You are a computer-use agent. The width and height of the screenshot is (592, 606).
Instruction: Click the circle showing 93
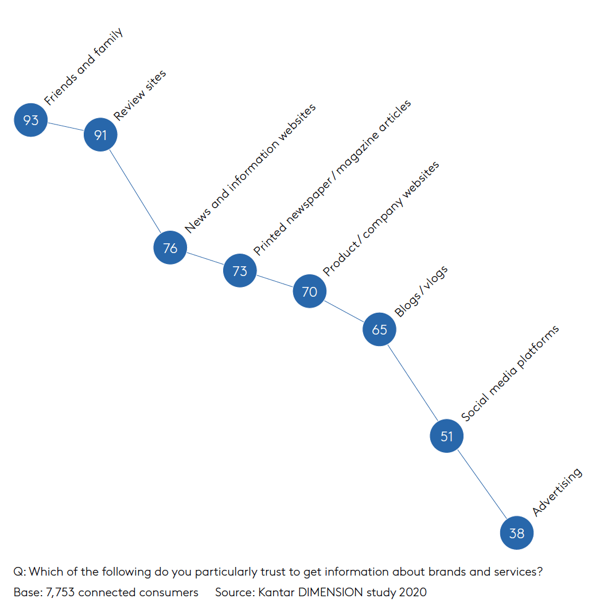(31, 120)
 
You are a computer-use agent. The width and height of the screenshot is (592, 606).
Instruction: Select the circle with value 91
(100, 134)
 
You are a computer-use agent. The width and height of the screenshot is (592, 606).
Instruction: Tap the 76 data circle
(170, 247)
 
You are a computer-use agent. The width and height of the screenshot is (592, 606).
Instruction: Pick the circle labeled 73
(240, 270)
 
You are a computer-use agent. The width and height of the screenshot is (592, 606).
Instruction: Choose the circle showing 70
(310, 291)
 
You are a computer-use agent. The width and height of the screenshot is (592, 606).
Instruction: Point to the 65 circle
(380, 329)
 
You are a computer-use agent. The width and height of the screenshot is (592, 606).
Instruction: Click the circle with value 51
(447, 436)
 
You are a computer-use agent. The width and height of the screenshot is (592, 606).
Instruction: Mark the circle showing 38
(517, 533)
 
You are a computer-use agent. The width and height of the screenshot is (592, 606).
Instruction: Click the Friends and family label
(84, 67)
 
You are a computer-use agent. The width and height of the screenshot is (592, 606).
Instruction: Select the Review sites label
(139, 95)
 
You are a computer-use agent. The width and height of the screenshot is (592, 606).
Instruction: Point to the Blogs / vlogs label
(421, 291)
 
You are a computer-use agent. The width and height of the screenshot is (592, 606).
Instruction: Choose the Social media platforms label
(510, 374)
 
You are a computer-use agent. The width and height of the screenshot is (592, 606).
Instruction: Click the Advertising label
(557, 492)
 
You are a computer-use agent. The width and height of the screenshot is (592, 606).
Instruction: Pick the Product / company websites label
(381, 219)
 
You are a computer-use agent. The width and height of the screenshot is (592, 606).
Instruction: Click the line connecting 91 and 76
(135, 191)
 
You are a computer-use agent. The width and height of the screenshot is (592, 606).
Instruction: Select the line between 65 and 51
(413, 383)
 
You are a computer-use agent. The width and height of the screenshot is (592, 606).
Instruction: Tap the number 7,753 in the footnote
(60, 592)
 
